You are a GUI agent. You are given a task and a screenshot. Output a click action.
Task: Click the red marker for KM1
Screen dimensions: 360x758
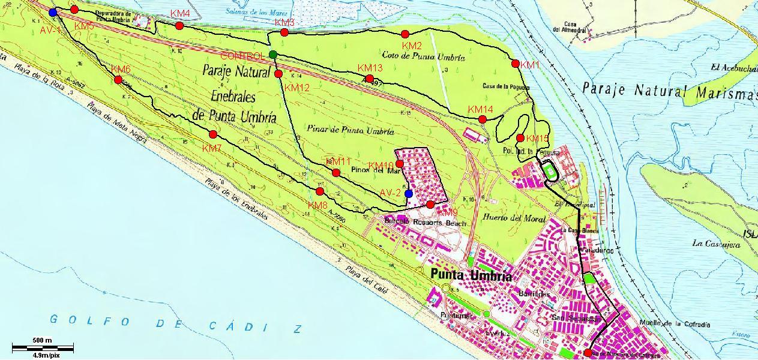pos(515,64)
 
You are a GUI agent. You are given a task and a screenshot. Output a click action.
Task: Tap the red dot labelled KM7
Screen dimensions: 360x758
pos(213,134)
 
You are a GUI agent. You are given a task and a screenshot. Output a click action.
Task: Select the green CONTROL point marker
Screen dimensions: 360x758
pos(273,55)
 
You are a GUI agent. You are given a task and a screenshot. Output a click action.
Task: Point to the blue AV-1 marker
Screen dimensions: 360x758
pos(53,13)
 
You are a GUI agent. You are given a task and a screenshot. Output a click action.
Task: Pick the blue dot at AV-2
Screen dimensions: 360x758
pos(409,193)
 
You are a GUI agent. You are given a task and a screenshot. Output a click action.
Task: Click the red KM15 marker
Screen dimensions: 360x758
pos(520,138)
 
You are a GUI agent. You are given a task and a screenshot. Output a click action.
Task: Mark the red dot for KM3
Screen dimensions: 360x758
pos(284,32)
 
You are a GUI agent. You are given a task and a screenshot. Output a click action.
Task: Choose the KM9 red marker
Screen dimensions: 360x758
pos(430,205)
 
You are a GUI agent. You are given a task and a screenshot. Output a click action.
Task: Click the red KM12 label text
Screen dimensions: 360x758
pos(297,88)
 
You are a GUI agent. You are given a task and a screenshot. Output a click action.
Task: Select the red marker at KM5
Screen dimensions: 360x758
pos(74,10)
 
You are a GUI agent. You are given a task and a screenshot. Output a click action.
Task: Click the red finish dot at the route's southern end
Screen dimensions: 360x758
pos(588,353)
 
